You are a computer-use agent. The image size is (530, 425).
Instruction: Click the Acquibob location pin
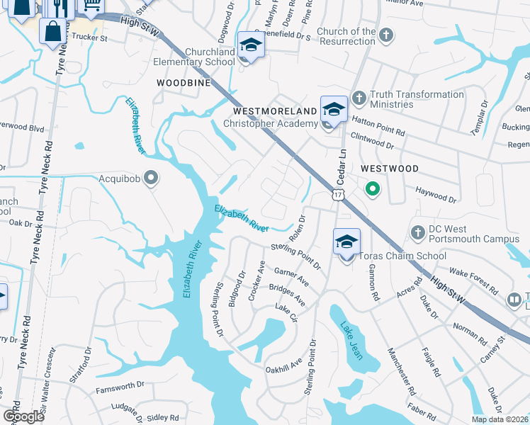click(x=150, y=178)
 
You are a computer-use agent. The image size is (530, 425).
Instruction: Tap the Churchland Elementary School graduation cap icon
click(x=249, y=45)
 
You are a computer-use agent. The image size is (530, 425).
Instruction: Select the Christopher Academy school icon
click(x=334, y=109)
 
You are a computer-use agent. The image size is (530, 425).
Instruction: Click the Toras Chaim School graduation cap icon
click(x=346, y=242)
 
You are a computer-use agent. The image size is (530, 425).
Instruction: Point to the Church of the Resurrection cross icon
click(x=385, y=35)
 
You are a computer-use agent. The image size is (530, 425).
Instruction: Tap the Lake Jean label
click(x=351, y=340)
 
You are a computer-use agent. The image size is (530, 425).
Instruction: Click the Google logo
click(x=23, y=416)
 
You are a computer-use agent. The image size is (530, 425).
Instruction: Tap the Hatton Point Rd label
click(x=378, y=127)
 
